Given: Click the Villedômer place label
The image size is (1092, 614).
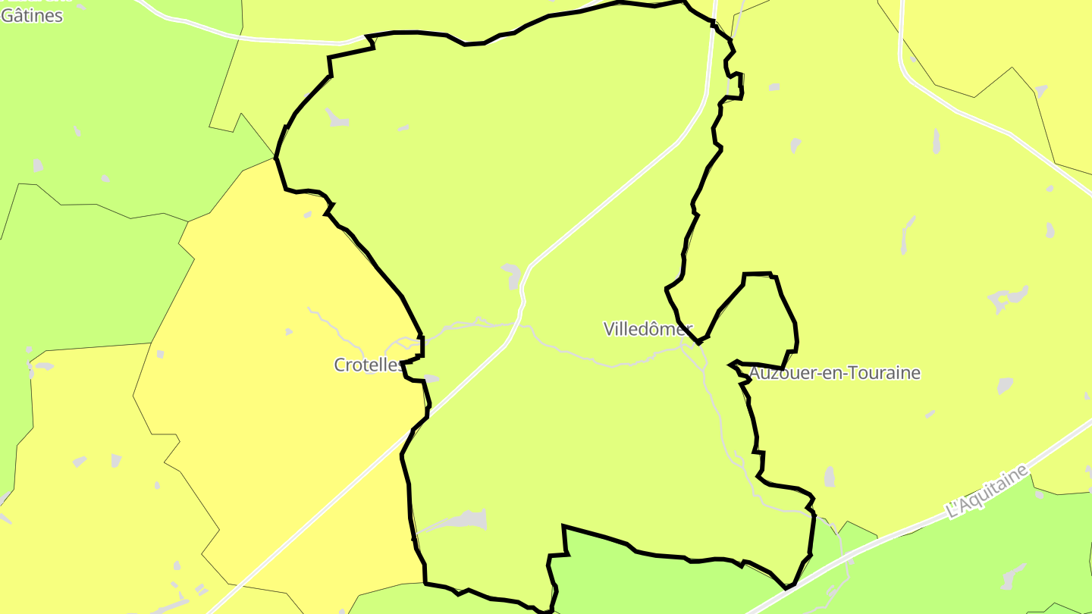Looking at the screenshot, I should tap(648, 329).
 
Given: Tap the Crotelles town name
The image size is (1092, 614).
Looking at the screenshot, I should tap(369, 365).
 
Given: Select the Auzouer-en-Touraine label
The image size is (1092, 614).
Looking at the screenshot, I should tap(835, 373).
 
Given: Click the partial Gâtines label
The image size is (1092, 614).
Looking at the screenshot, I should tap(31, 15).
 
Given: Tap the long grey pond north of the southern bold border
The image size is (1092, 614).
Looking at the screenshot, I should tap(460, 521).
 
